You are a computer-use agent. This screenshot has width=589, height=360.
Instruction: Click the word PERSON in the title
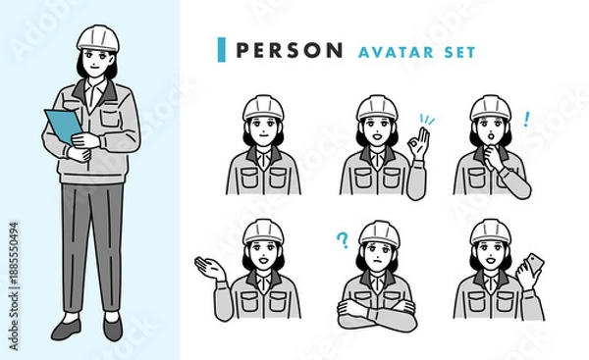click(290, 50)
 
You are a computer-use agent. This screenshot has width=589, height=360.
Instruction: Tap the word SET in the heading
click(459, 52)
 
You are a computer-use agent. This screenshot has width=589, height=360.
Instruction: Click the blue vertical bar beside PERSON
click(222, 50)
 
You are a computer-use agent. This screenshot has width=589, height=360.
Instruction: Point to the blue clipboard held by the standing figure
click(63, 127)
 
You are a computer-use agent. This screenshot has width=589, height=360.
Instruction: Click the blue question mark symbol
click(343, 240)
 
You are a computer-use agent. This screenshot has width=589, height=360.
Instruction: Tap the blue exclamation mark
click(526, 119)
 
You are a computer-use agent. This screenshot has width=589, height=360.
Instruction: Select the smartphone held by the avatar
click(534, 263)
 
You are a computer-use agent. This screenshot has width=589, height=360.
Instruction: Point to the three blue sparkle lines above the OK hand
click(427, 120)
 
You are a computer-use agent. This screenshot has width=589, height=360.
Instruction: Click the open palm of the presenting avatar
click(210, 268)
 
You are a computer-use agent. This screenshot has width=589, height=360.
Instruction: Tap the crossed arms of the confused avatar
click(377, 315)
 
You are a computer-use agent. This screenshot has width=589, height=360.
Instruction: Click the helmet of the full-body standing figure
click(98, 38)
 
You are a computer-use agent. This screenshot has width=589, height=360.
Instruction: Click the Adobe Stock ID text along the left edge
click(14, 286)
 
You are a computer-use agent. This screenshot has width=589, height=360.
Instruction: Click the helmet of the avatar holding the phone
click(491, 232)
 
